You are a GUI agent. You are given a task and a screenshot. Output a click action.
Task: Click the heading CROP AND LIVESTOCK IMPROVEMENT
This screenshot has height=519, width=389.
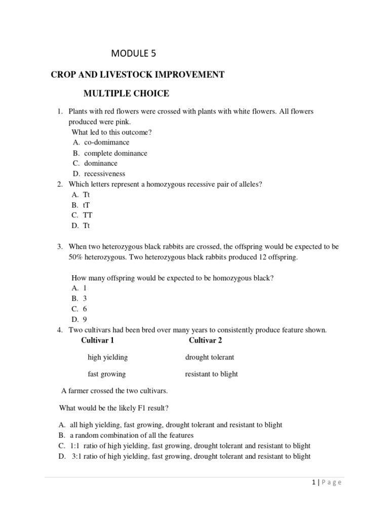(137, 75)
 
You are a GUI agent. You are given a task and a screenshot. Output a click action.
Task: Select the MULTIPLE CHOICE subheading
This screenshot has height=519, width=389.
(126, 93)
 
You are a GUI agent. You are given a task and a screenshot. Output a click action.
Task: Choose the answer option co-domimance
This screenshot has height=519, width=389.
(106, 142)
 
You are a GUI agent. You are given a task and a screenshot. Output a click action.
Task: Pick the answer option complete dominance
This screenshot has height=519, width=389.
(115, 153)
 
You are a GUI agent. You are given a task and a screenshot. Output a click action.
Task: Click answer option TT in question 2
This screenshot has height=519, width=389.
(88, 215)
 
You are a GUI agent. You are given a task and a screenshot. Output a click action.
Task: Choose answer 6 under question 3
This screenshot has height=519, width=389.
(85, 309)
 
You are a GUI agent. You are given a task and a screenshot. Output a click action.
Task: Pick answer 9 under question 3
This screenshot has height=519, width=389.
(85, 319)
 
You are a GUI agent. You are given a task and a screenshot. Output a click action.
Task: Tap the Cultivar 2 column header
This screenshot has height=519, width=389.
(206, 340)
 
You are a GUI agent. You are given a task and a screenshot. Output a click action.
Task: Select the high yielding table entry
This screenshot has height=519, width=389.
(107, 357)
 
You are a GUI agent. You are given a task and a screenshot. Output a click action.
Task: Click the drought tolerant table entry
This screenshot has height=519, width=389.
(210, 357)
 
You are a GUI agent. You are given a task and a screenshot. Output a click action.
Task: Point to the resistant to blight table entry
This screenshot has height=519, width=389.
(211, 374)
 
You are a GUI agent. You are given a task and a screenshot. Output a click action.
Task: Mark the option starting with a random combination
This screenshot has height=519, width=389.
(132, 435)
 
